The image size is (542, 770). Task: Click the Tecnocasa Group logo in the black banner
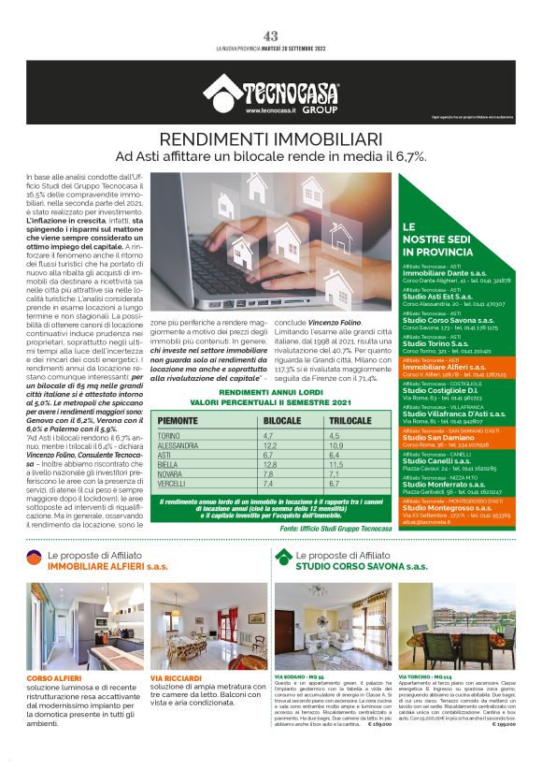(272, 94)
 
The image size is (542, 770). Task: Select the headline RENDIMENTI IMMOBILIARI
(271, 139)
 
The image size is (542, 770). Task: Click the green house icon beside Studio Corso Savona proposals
(283, 559)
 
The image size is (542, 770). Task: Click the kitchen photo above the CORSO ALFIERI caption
(82, 626)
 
